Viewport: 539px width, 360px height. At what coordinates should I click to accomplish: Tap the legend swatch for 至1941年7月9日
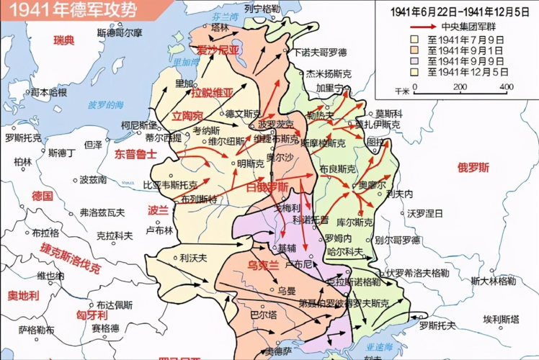tap(415, 38)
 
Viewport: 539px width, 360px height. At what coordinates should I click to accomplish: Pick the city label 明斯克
tap(249, 164)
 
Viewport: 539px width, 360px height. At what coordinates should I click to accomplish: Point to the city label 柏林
tap(22, 161)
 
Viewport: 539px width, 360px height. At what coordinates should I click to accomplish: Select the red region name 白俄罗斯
tap(267, 187)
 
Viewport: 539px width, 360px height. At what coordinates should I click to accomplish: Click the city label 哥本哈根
tap(49, 92)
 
